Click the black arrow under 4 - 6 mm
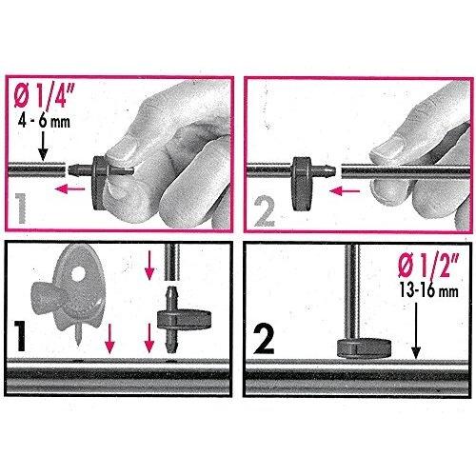coord(43,148)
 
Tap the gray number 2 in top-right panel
coord(268,208)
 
